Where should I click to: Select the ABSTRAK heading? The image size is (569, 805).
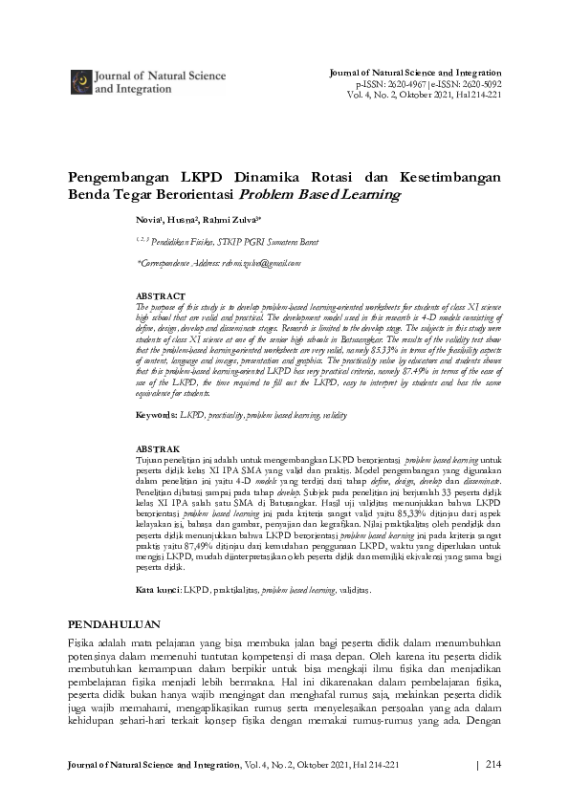(x=157, y=447)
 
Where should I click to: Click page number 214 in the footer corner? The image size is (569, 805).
(x=493, y=764)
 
